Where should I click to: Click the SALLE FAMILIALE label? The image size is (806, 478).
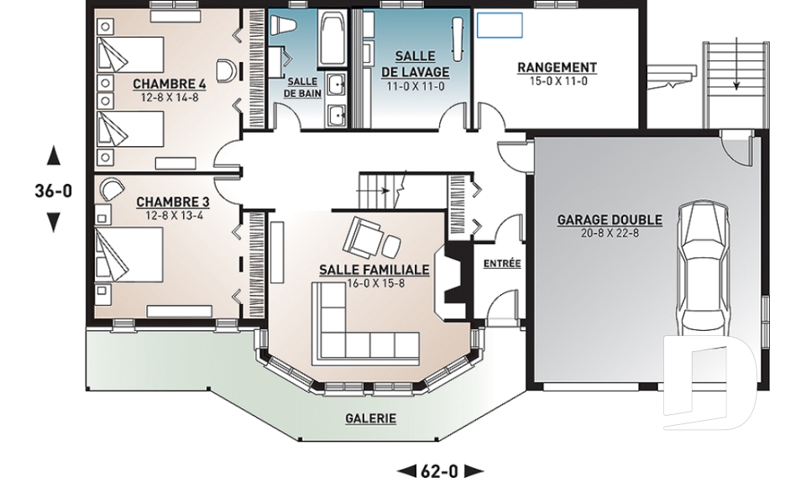pyautogui.click(x=374, y=270)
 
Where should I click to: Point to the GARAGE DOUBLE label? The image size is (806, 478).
pyautogui.click(x=610, y=220)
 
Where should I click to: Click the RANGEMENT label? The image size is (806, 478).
pyautogui.click(x=557, y=68)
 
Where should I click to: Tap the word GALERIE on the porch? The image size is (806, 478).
pyautogui.click(x=370, y=418)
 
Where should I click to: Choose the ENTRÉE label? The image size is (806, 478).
pyautogui.click(x=502, y=264)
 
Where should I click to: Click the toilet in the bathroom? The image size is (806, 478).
pyautogui.click(x=282, y=24)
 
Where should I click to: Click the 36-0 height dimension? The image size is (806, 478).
pyautogui.click(x=54, y=191)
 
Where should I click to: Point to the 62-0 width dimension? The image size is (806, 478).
pyautogui.click(x=439, y=470)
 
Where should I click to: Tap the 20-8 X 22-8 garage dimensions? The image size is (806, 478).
pyautogui.click(x=610, y=233)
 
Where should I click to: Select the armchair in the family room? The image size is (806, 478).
pyautogui.click(x=364, y=236)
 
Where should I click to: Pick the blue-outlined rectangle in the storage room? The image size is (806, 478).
pyautogui.click(x=500, y=26)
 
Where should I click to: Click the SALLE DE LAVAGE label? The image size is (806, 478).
pyautogui.click(x=416, y=65)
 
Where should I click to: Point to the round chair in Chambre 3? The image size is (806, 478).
pyautogui.click(x=112, y=188)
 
